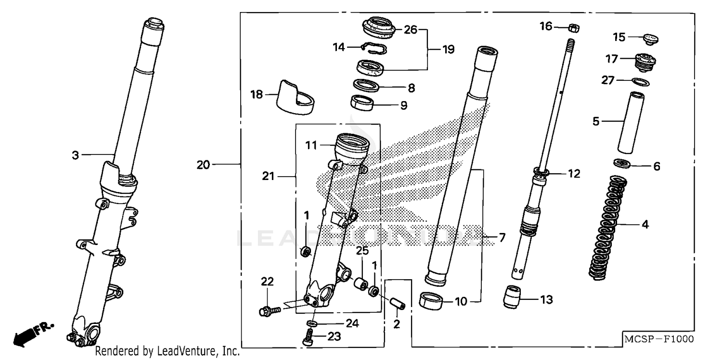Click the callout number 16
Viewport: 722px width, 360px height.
pos(546,26)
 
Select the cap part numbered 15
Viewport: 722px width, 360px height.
pos(650,39)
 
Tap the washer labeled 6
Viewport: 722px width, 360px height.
pos(624,164)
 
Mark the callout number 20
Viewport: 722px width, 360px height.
pos(203,165)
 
